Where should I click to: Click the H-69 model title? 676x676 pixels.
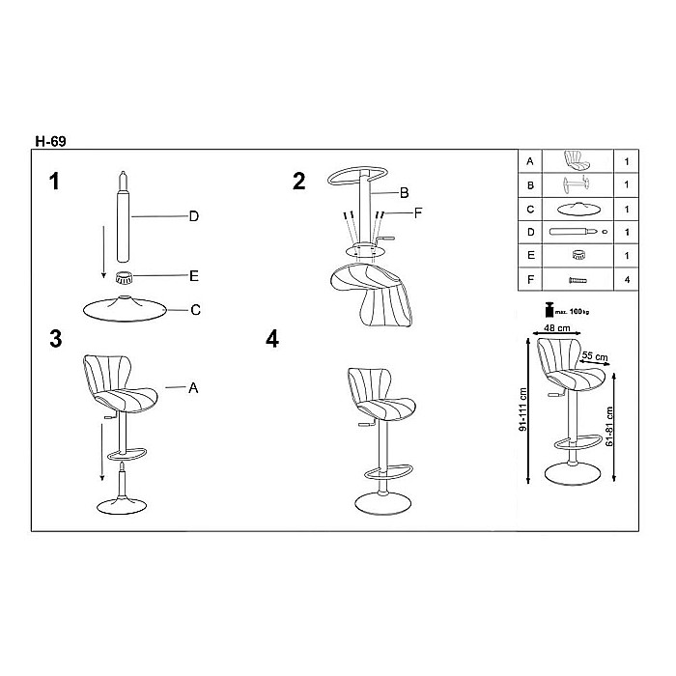[50, 141]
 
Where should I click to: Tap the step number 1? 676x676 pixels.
[54, 182]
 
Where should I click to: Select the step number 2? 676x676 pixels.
[298, 182]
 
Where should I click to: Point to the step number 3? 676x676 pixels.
[56, 339]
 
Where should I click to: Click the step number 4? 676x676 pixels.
[272, 339]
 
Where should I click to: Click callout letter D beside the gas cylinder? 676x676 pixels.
[194, 216]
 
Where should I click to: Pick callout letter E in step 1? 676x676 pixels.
[194, 276]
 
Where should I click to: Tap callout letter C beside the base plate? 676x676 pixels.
[195, 310]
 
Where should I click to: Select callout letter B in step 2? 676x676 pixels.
[404, 193]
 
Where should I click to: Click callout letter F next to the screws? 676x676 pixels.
[418, 212]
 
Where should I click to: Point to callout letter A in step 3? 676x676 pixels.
[193, 388]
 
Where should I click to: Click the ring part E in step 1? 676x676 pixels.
[125, 278]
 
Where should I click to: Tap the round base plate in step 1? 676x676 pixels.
[125, 308]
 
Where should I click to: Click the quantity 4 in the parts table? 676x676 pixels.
[627, 280]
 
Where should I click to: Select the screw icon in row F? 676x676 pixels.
[577, 280]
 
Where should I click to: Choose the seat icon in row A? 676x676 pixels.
[577, 160]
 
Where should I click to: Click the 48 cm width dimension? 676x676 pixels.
[557, 328]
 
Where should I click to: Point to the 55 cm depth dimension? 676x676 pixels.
[595, 356]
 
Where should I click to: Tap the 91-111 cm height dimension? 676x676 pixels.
[523, 409]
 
